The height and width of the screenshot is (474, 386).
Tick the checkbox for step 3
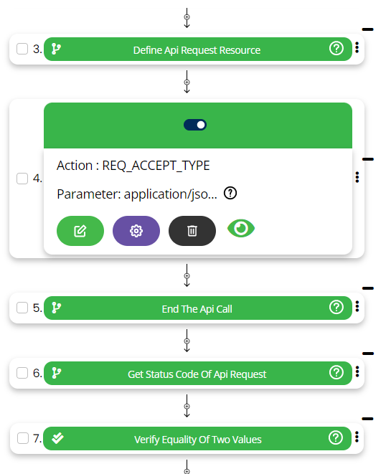pos(22,49)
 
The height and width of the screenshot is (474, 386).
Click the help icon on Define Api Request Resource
pos(336,48)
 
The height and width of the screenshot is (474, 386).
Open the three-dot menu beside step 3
pos(357,48)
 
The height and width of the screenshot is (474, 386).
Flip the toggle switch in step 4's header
pos(195,125)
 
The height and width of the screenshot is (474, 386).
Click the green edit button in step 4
pos(80,231)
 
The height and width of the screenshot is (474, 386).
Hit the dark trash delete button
pos(192,231)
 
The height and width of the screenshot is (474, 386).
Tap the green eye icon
pos(241,228)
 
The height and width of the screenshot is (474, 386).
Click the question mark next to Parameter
pos(230,193)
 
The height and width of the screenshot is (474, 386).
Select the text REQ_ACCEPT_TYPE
pos(156,166)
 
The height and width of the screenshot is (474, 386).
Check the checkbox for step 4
pos(22,179)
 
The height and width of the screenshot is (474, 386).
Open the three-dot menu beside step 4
pos(357,177)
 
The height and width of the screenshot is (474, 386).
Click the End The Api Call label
pos(197,309)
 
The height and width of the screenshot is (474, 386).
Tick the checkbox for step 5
pos(22,308)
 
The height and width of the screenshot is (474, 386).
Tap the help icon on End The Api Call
pos(336,308)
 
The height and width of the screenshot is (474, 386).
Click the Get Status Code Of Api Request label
pos(197,374)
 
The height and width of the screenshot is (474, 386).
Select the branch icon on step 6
pos(56,373)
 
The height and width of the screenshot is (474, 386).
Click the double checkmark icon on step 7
pos(57,437)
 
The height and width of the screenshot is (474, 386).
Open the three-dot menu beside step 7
pos(357,437)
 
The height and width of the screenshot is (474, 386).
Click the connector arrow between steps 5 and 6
pos(187,341)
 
